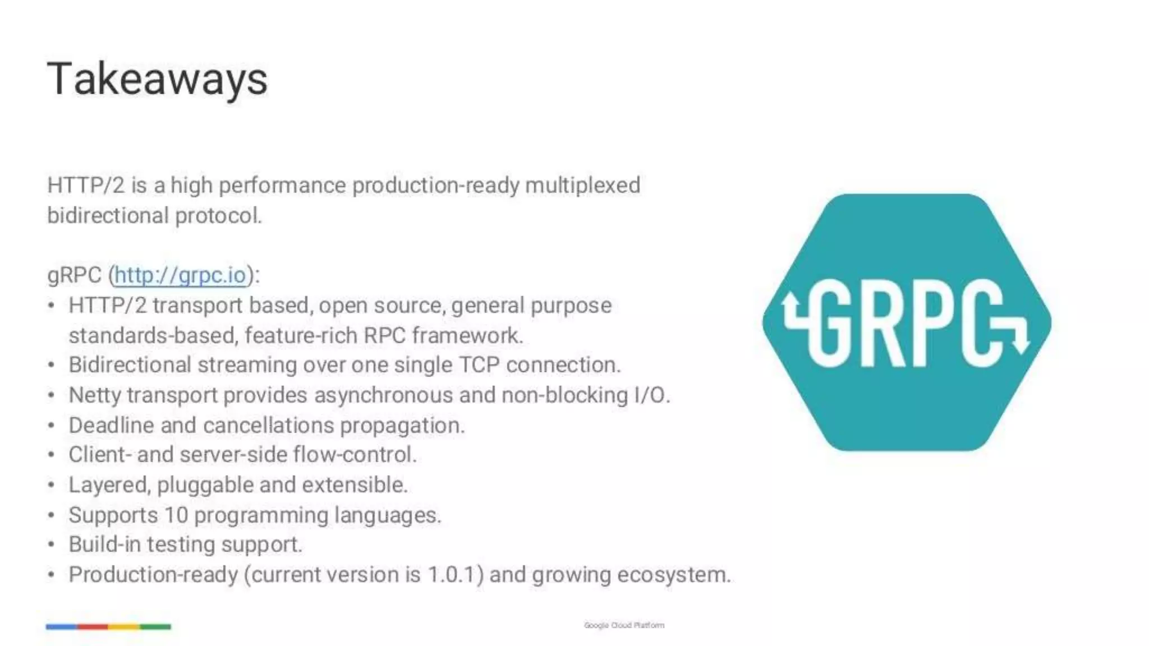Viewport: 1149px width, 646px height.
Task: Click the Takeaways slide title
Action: pos(158,79)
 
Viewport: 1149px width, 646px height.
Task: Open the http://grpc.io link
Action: pos(180,275)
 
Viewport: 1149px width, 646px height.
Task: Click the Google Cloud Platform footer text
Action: pos(624,625)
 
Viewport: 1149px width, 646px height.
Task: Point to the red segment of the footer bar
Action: pos(93,626)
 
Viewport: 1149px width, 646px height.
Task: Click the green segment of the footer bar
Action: pos(155,626)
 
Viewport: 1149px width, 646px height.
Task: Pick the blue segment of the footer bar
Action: pos(62,626)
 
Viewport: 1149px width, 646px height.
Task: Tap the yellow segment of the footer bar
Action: pos(124,626)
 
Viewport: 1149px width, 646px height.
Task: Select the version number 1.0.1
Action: pos(455,575)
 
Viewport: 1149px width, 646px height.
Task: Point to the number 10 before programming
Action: pos(176,515)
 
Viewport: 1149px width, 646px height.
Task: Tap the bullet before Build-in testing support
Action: pos(51,545)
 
